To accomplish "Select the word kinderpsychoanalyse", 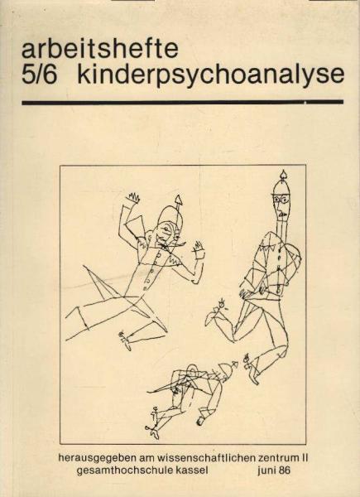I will point(209,75).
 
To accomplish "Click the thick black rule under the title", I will point(182,102).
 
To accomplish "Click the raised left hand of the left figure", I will point(132,199).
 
